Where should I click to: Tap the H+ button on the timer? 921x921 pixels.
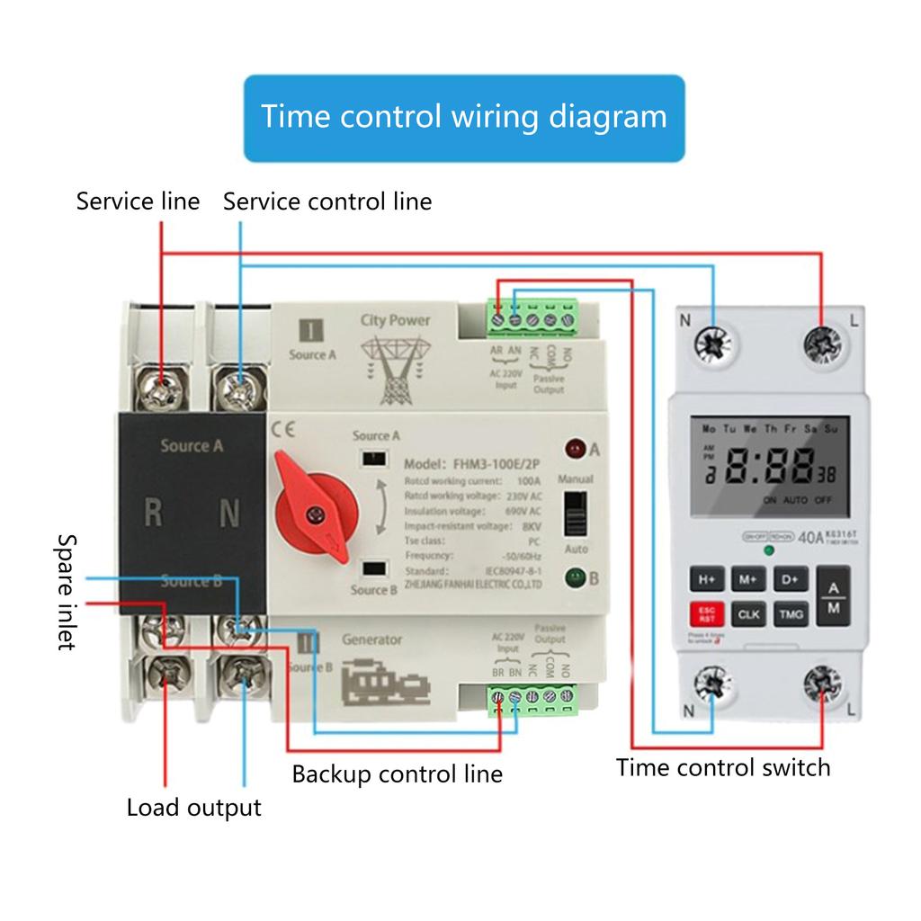tap(707, 579)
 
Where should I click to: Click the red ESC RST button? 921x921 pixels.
tap(707, 615)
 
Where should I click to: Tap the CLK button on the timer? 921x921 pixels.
tap(748, 615)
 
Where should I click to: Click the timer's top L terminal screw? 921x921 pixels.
tap(822, 344)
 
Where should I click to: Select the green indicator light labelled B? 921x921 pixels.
tap(573, 577)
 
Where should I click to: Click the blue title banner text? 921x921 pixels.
tap(464, 117)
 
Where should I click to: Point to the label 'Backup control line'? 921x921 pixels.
tap(397, 773)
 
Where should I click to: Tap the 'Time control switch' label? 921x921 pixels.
tap(723, 767)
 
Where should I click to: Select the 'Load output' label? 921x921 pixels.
tap(193, 807)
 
